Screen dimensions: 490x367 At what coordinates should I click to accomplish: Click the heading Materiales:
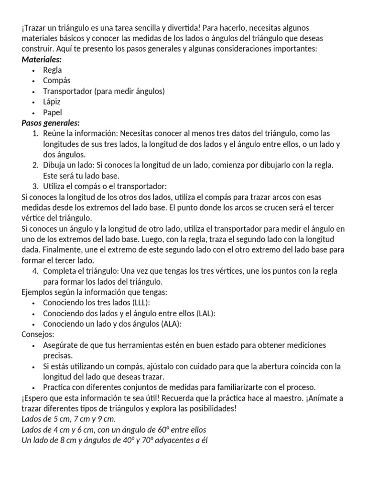click(42, 60)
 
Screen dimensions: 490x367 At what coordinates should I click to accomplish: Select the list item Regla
click(52, 70)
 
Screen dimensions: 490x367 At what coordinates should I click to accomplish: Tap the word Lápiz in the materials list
click(52, 102)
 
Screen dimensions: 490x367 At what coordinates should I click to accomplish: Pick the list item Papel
click(53, 112)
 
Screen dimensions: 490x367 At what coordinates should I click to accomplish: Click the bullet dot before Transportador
click(33, 91)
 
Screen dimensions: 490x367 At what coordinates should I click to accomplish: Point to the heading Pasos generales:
click(51, 123)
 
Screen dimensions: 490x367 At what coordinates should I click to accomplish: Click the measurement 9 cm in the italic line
click(102, 419)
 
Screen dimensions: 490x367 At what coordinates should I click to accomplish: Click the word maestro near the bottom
click(296, 398)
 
